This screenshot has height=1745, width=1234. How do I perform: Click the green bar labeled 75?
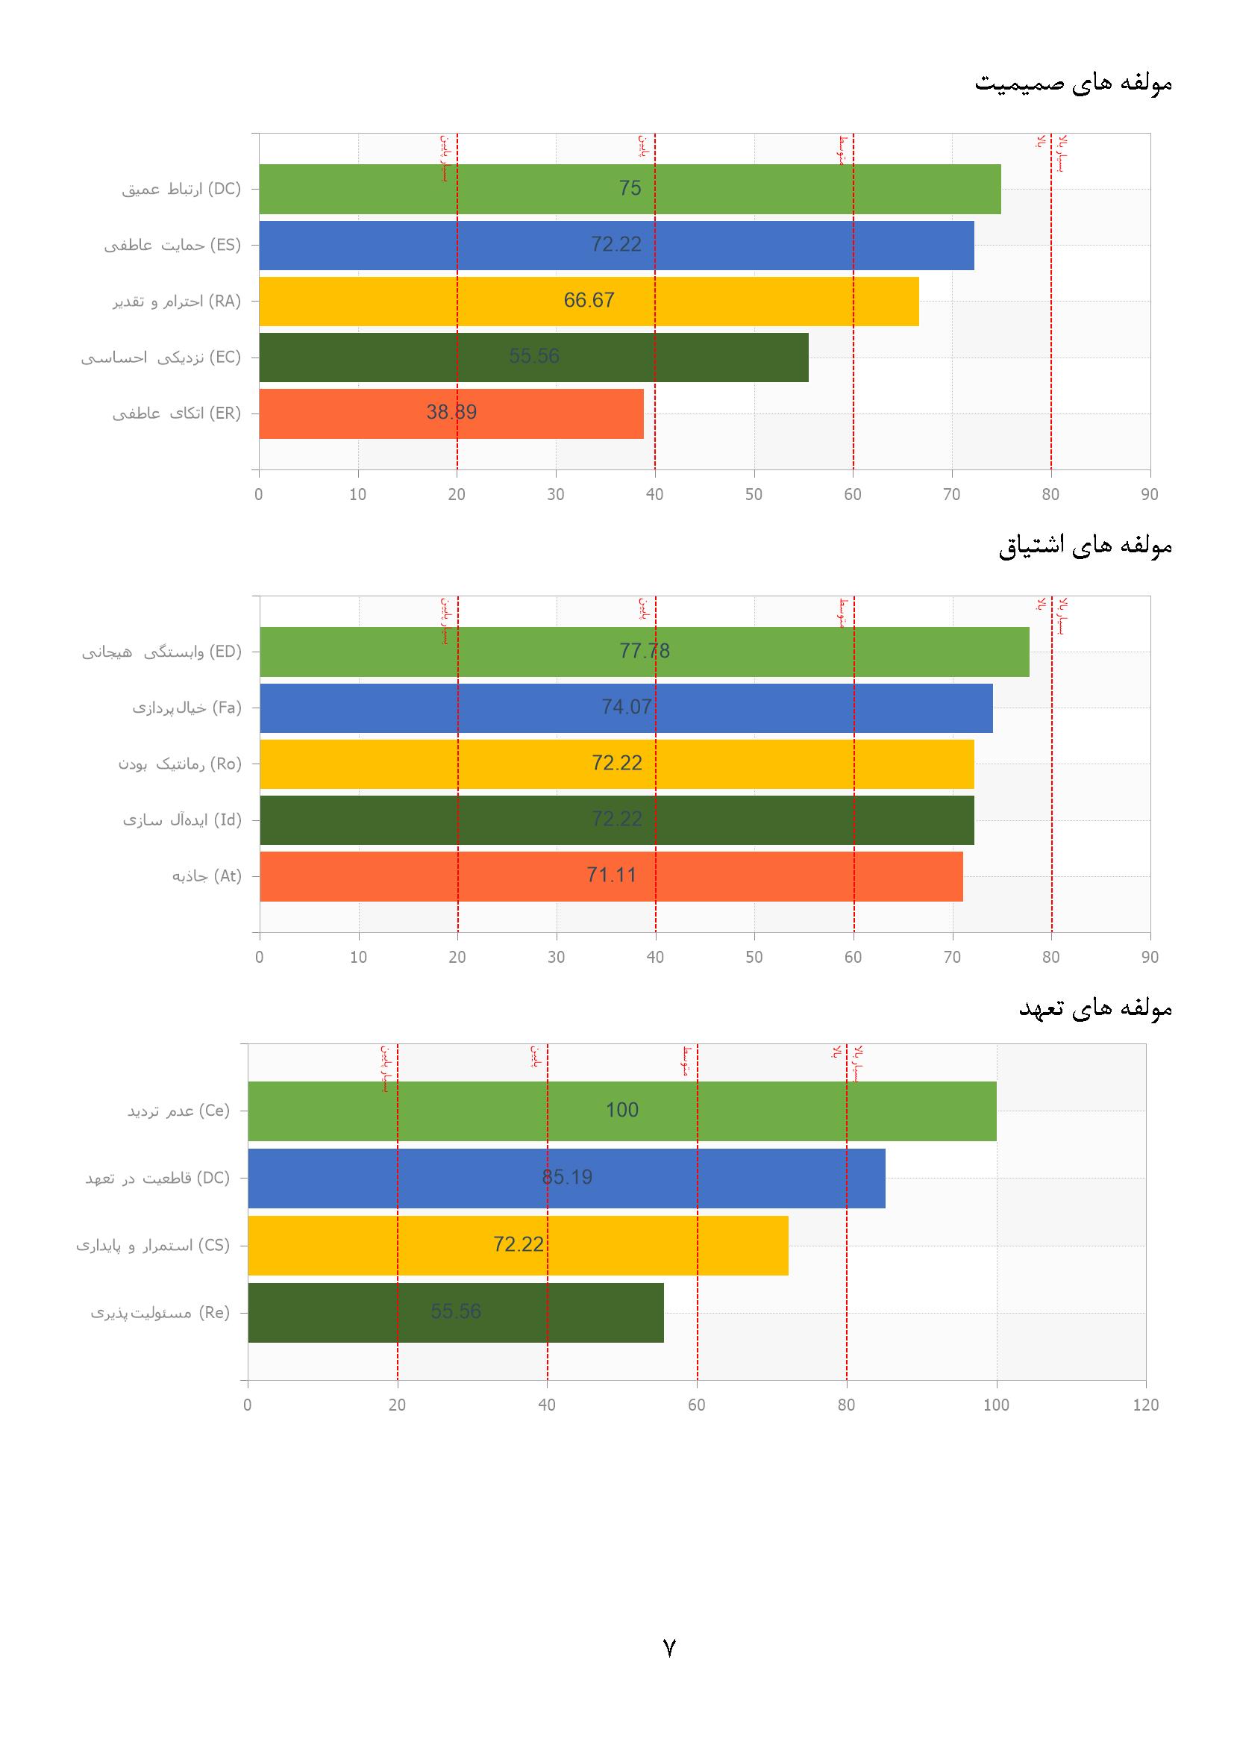point(629,189)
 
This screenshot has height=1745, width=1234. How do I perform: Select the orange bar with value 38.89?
point(451,413)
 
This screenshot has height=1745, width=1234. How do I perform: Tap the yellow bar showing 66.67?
point(589,301)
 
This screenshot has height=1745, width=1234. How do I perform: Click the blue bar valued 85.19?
point(566,1177)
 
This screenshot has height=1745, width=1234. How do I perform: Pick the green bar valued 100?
point(621,1111)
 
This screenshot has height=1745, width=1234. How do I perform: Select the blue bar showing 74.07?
point(626,708)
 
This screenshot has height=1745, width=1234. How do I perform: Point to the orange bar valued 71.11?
point(611,875)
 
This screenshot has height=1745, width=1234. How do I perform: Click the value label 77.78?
point(645,651)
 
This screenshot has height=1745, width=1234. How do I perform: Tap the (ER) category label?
point(176,413)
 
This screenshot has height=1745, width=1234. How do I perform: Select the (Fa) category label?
point(187,708)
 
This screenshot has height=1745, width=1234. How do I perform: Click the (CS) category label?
point(153,1245)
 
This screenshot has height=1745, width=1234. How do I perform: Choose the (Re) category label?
point(160,1313)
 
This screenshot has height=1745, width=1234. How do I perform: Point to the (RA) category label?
point(177,301)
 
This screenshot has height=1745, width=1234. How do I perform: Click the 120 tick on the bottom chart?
point(1145,1405)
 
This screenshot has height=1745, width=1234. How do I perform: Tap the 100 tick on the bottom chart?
point(995,1405)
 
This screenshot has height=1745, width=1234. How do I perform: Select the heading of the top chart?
point(1073,83)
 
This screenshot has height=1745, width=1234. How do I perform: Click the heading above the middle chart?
point(1085,546)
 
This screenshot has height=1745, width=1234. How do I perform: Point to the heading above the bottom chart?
point(1095,1008)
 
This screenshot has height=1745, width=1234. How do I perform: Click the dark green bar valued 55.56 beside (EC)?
point(533,358)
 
